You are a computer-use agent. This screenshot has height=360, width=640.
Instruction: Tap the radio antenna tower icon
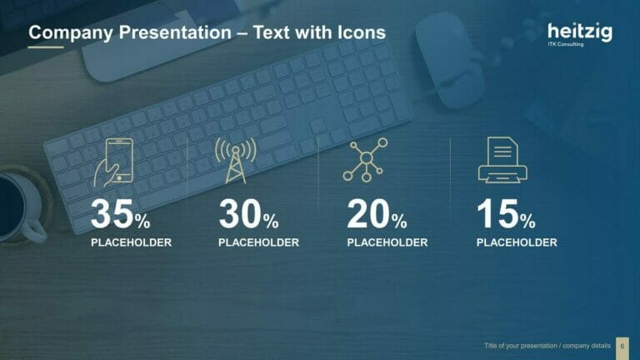point(235,160)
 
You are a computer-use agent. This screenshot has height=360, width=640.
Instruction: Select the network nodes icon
point(365,160)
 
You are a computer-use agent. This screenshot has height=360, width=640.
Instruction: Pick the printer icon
point(502,161)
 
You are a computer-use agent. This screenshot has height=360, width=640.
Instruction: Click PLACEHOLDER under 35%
point(131,242)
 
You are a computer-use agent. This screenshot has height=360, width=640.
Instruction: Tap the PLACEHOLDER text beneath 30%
point(258,242)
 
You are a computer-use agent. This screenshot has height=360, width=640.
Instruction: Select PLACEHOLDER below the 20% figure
point(387,242)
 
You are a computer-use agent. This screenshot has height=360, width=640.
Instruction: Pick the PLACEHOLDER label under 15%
point(517,242)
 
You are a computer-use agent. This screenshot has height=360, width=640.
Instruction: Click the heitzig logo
point(579,32)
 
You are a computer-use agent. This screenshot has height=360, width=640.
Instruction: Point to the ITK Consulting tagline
point(566,44)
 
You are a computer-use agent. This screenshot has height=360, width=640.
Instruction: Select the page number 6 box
point(622,345)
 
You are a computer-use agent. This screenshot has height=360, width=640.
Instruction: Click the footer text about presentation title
point(547,345)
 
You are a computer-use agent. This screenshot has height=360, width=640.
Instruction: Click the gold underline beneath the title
point(46,47)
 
